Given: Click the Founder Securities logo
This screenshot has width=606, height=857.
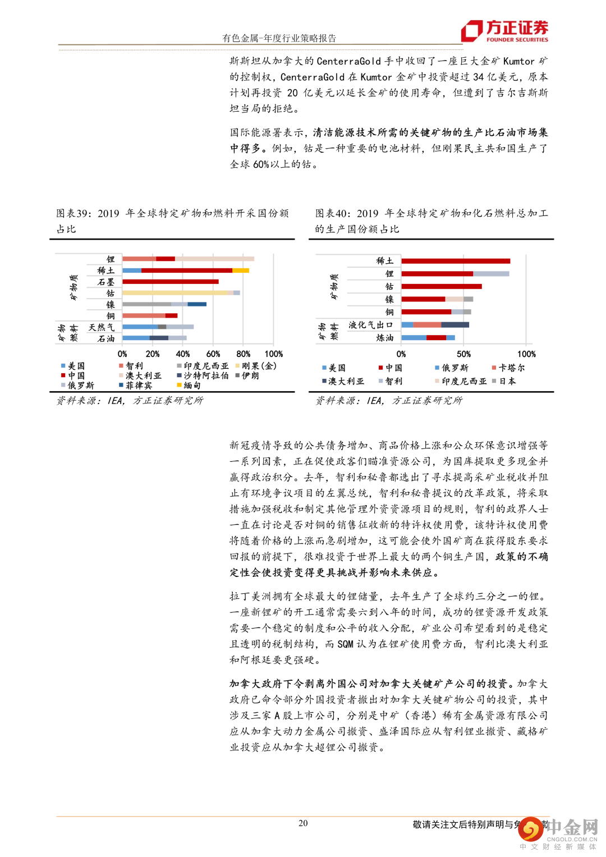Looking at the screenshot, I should click(x=504, y=31).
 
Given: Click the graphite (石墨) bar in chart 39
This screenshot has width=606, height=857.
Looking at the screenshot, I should click(x=171, y=282).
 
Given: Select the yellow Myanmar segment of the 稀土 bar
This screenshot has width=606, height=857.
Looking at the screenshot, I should click(x=241, y=271).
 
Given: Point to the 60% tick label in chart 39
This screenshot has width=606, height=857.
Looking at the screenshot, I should click(x=213, y=354).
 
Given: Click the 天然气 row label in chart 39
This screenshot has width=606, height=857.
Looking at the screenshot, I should click(x=101, y=327).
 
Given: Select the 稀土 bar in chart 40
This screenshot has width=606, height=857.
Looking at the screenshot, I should click(x=456, y=261).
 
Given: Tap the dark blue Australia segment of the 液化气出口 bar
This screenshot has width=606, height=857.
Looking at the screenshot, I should click(x=455, y=325).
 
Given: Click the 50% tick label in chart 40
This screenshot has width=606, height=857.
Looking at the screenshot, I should click(x=463, y=354).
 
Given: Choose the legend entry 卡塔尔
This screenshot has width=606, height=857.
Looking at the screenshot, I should click(x=511, y=368).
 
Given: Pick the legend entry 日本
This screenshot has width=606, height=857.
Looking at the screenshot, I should click(x=507, y=382).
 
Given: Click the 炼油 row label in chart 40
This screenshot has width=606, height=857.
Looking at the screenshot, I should click(x=384, y=338).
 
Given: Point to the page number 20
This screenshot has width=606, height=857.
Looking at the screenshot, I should click(x=303, y=823).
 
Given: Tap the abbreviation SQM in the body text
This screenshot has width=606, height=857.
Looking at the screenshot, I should click(x=345, y=644).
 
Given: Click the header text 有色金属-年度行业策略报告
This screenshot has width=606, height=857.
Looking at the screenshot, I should click(x=279, y=38).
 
